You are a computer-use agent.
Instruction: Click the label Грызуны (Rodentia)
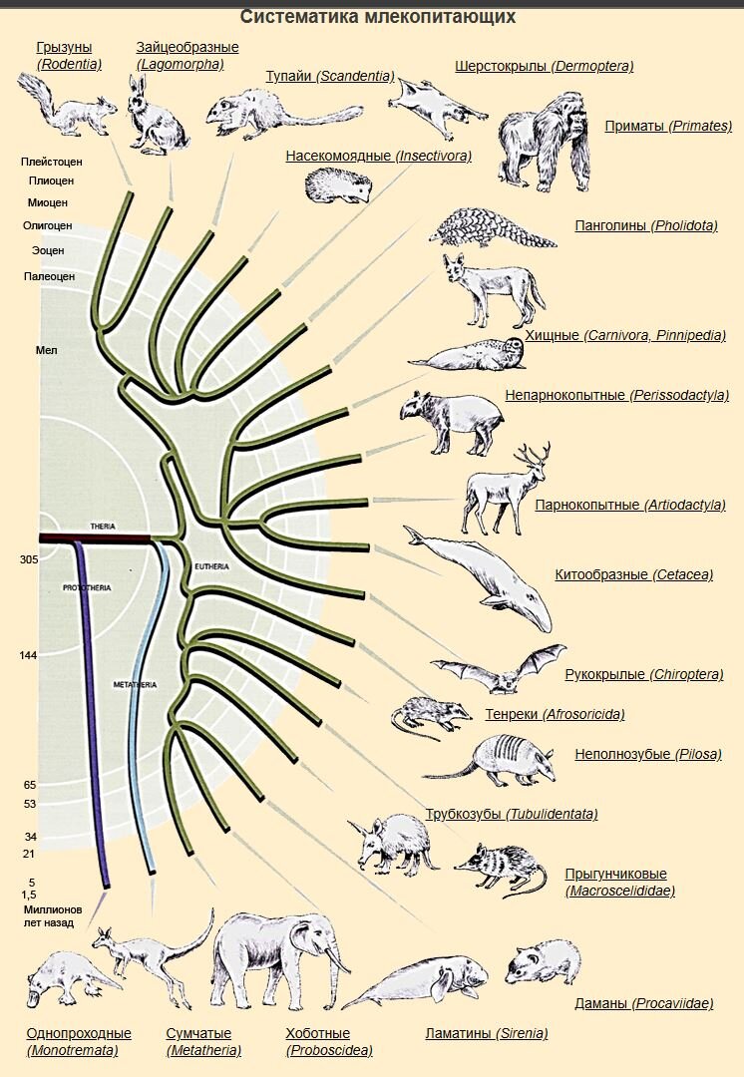point(70,56)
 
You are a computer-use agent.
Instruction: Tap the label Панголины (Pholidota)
point(645,225)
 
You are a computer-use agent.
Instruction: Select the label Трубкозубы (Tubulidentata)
point(512,814)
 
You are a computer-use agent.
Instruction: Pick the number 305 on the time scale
point(28,560)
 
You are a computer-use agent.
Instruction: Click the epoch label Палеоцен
point(49,276)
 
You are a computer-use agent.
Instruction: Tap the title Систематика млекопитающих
point(377,17)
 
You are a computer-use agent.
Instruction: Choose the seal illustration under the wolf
point(469,354)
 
